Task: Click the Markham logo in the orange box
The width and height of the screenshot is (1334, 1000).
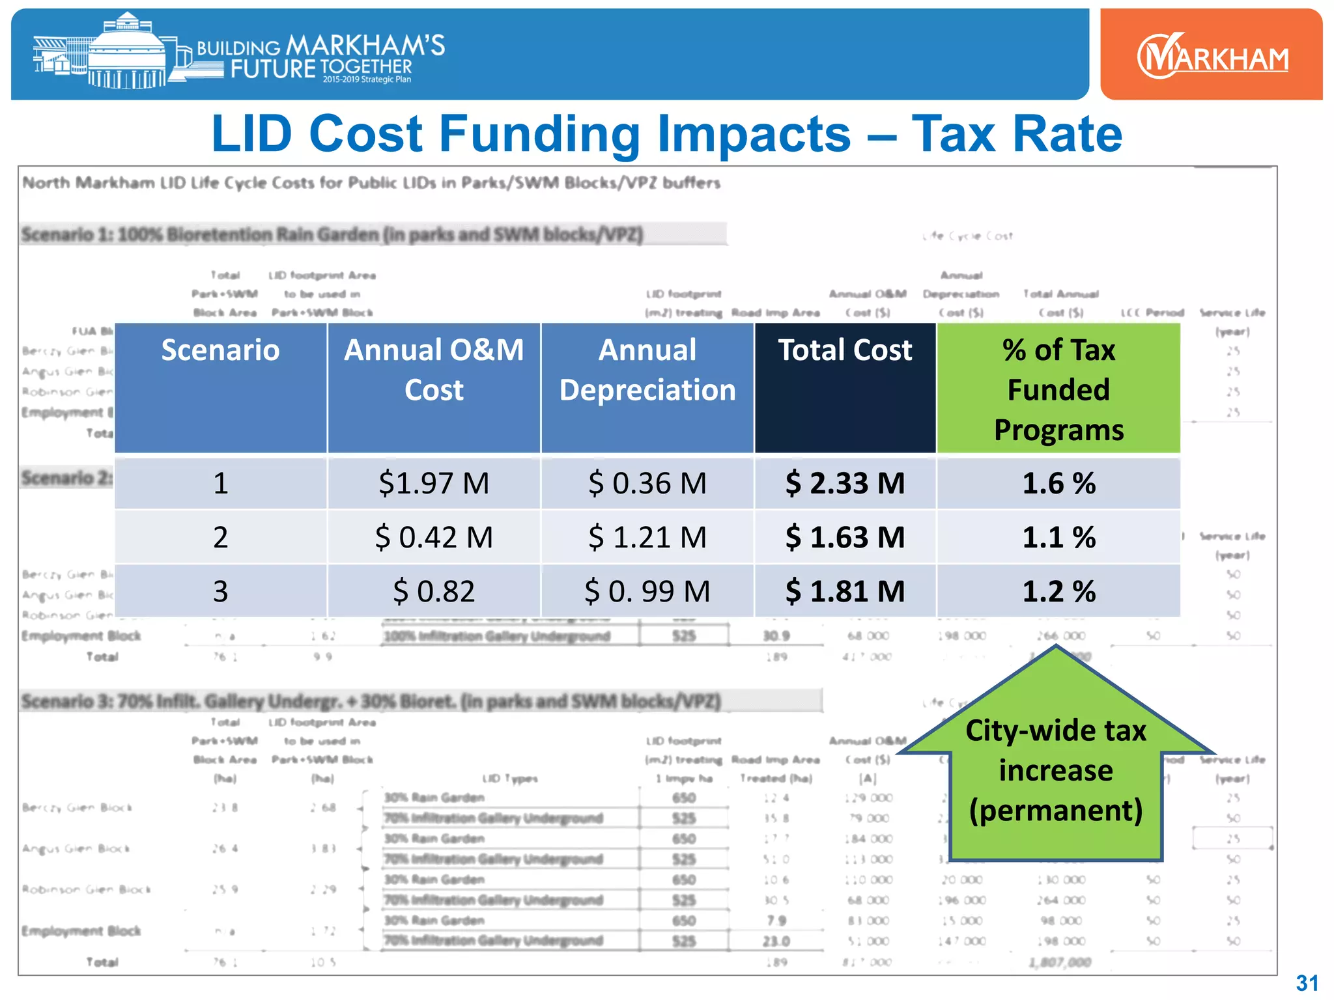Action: pos(1212,56)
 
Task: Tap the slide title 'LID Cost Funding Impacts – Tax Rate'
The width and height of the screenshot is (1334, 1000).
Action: pos(666,133)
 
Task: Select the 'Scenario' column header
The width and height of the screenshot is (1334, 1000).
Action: pos(220,351)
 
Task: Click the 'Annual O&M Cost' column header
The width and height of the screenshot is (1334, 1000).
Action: pos(434,370)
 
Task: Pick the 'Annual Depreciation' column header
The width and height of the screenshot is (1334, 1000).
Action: pos(647,370)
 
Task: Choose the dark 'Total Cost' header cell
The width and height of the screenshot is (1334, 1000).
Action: pos(845,351)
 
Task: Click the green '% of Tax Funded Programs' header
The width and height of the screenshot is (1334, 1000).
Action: pos(1058,389)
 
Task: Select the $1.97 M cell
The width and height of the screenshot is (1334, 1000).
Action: pos(434,484)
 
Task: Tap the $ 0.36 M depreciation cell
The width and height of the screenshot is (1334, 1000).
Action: pos(647,484)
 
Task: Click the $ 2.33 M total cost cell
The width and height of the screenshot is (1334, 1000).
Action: pos(845,484)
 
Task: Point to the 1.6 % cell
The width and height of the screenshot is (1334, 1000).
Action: pos(1058,484)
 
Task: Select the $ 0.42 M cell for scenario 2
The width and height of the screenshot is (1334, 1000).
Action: pos(434,538)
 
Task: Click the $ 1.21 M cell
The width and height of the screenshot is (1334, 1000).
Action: pos(647,538)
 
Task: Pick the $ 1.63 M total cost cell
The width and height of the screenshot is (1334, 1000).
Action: pos(845,538)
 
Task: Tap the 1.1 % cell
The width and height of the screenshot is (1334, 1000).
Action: pos(1058,538)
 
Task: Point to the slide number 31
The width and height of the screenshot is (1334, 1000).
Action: pos(1307,982)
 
